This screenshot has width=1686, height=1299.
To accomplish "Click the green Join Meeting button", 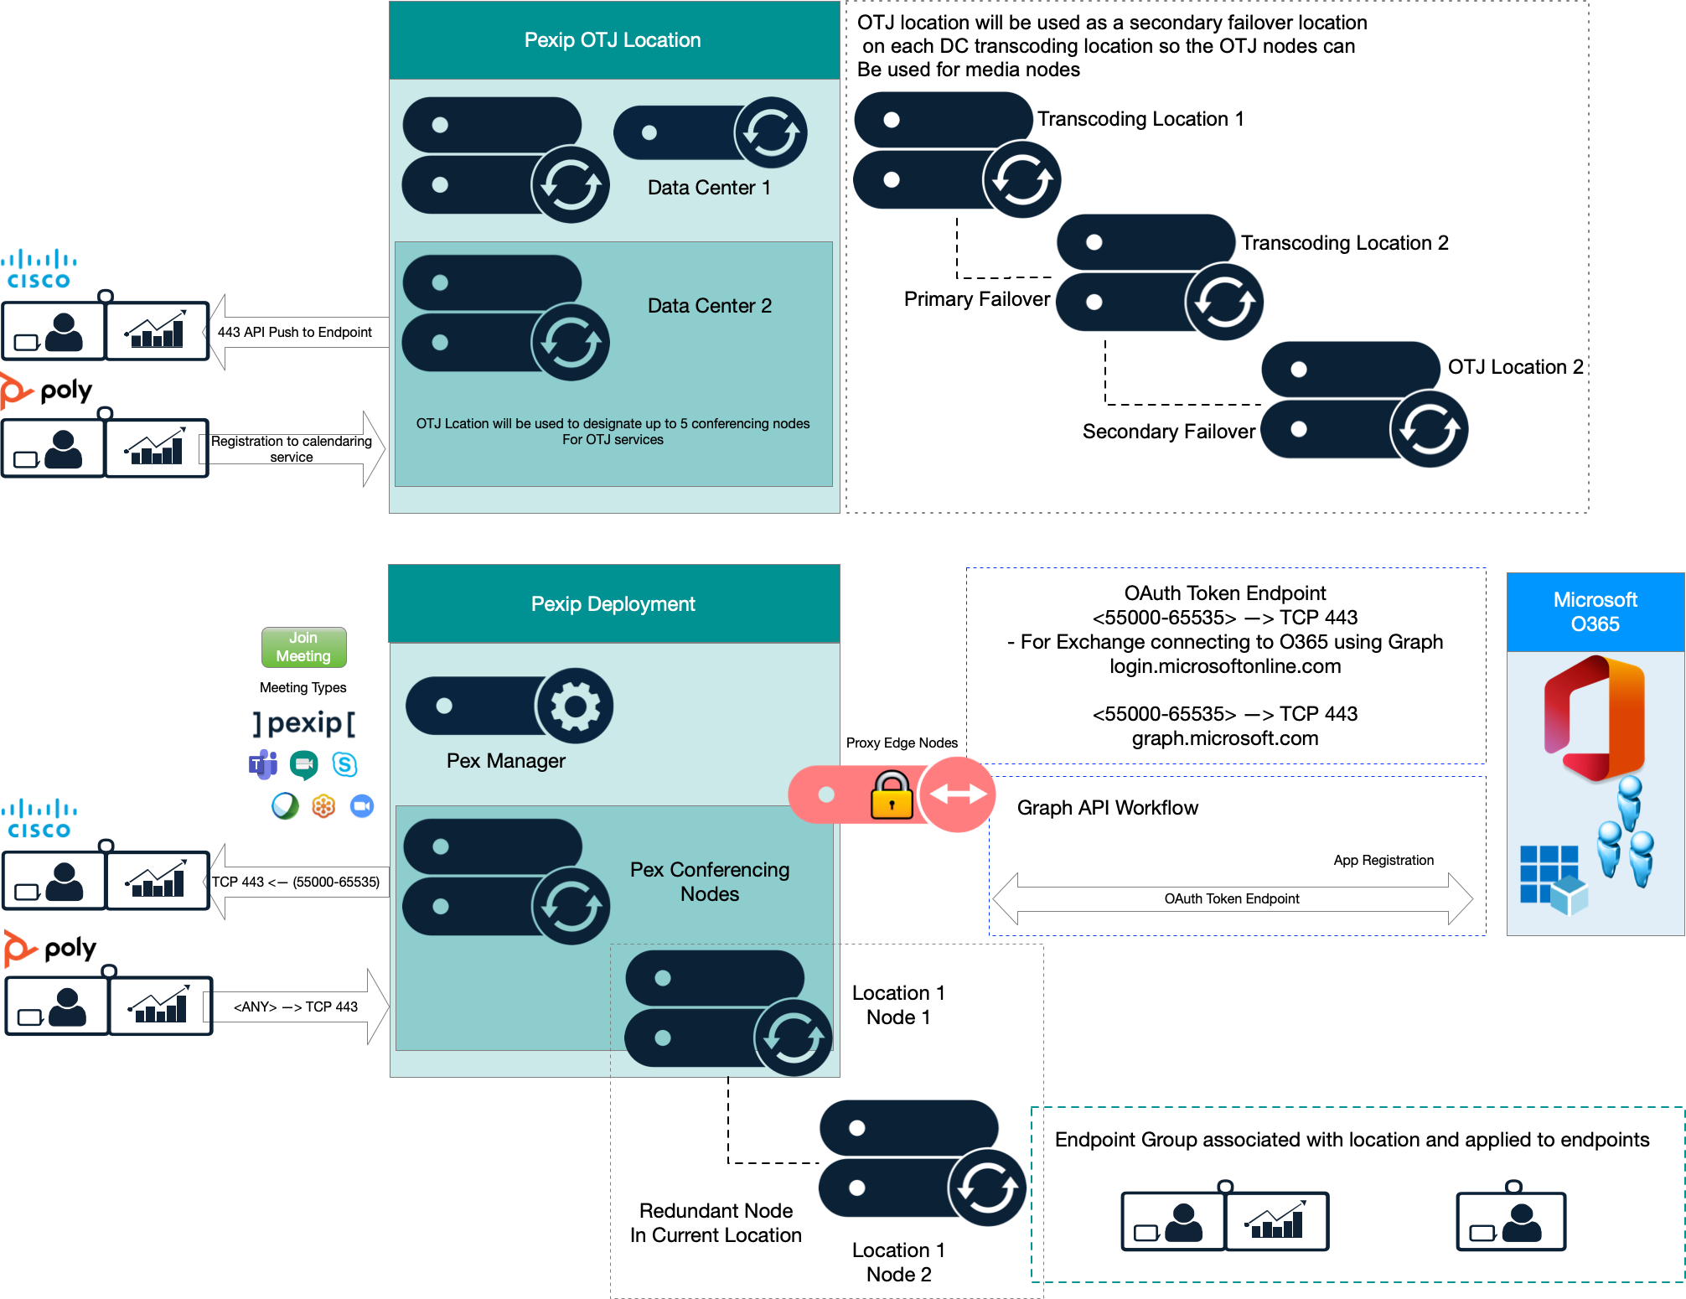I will coord(303,647).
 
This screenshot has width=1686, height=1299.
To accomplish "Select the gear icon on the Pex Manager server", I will coord(575,706).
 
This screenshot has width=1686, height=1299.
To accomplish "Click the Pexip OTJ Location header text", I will coord(613,40).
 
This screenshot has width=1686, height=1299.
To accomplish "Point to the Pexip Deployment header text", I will coord(613,604).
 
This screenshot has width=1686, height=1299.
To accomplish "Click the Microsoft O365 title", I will coord(1595,612).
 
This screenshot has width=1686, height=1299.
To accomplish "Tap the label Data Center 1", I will coord(709,188).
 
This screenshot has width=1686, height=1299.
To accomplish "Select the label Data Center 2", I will coord(710,306).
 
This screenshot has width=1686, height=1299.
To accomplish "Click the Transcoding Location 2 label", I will coord(1344,243).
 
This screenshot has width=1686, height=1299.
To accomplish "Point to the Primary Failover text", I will coord(976,299).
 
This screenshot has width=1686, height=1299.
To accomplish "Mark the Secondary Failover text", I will coord(1168,432).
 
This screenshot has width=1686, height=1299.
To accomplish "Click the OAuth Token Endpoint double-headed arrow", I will coord(1232,898).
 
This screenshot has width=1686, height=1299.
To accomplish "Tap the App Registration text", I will coord(1383,861).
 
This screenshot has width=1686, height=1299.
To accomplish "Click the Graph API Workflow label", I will coord(1107,808).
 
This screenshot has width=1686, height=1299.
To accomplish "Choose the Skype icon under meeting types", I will coord(344,764).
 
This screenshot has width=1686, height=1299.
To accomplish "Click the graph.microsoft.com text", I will coord(1224,738).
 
